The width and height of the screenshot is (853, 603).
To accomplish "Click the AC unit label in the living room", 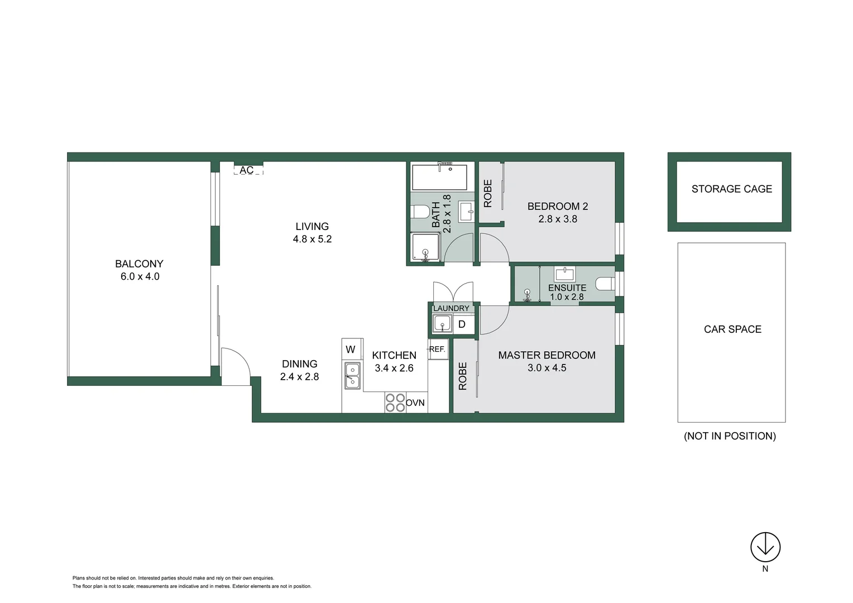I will tap(247, 170).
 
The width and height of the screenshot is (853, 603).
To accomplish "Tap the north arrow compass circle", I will tap(765, 547).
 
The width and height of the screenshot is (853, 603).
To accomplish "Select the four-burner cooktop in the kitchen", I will tap(395, 403).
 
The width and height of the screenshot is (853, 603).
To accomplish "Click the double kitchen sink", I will tap(352, 376).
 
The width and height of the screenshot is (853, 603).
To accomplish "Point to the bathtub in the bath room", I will tap(439, 178).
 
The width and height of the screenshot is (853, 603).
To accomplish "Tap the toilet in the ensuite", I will tap(605, 284).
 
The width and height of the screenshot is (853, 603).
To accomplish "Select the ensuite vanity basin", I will tap(564, 274).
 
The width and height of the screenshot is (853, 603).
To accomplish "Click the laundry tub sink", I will tap(442, 324).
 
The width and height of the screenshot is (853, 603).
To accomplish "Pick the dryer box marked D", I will tap(462, 324).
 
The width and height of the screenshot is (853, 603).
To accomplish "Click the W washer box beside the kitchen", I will tap(351, 350).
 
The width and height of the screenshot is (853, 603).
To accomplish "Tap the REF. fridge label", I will tap(437, 349).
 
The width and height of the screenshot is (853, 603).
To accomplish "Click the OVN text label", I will tap(415, 403).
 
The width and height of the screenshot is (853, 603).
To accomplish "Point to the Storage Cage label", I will tap(731, 189).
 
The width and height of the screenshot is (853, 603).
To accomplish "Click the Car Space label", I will tap(732, 329).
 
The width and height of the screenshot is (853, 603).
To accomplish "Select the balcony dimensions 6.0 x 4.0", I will tap(140, 276).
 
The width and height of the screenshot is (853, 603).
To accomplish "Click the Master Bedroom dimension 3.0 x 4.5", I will tap(547, 368).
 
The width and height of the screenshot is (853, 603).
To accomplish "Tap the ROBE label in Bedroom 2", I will tap(488, 193).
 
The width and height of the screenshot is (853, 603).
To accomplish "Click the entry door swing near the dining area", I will tap(235, 366).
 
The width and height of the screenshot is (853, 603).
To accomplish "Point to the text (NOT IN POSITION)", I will tap(730, 436).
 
